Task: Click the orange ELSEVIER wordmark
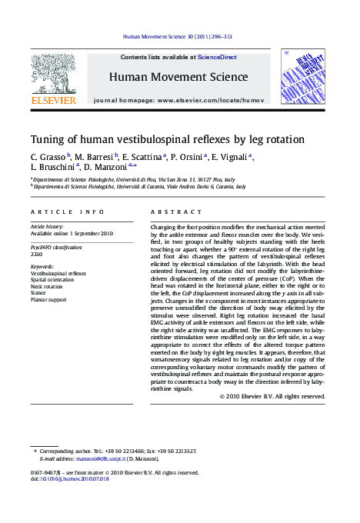53,100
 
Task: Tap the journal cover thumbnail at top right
303,77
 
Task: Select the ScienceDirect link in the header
217,57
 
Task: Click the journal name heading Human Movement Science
178,77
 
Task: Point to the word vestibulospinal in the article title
153,139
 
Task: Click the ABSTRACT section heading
170,211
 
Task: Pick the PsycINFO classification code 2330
36,253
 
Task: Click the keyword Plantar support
48,299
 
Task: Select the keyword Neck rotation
48,286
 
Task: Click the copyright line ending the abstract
272,396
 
